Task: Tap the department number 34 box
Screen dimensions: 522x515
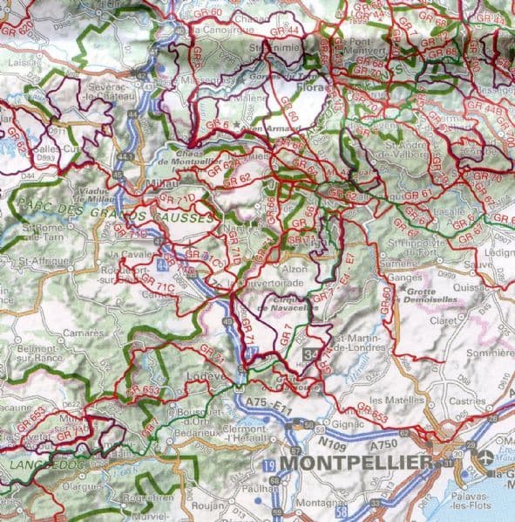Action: coord(312,352)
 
